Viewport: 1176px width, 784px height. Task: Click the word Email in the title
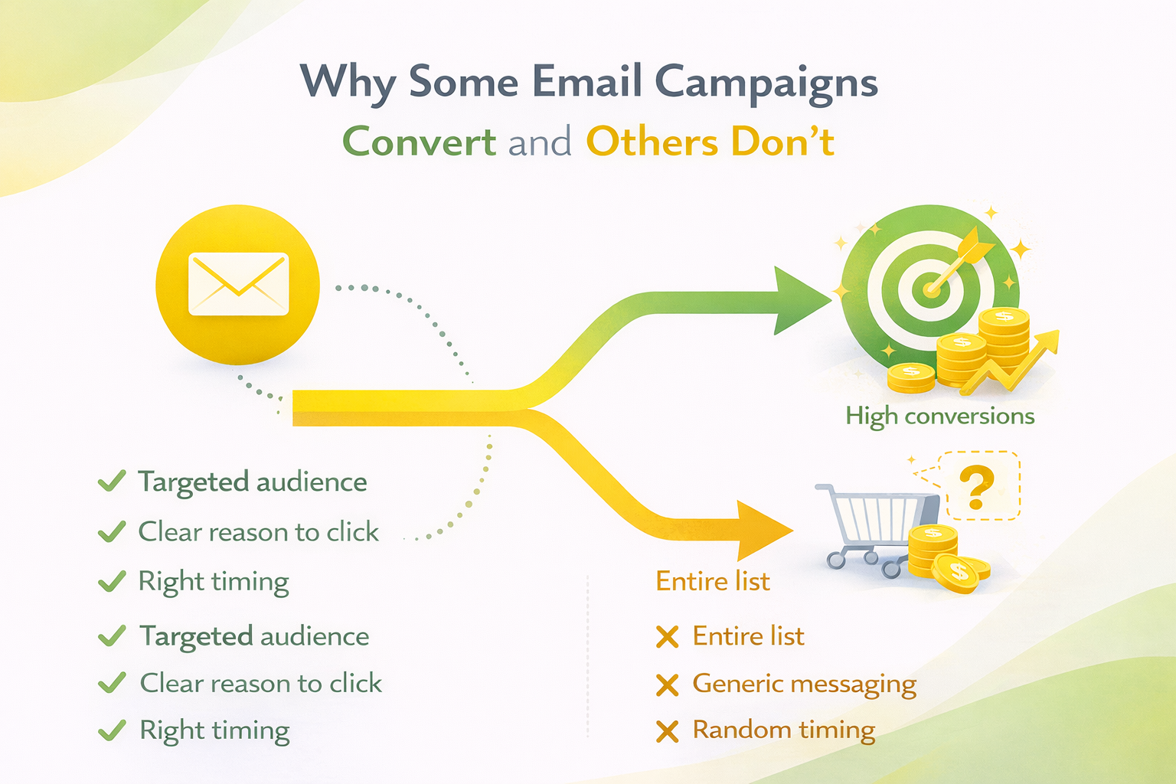tap(586, 81)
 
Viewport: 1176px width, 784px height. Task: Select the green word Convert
tap(419, 142)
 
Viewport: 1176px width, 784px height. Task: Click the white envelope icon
tap(238, 283)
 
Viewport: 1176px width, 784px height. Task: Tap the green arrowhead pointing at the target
tap(800, 300)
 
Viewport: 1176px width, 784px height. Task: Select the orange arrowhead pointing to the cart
tap(762, 531)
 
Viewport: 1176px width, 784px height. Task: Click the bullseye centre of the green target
tap(931, 289)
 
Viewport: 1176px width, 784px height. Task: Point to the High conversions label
tap(939, 416)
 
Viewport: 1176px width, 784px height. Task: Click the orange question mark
tap(976, 488)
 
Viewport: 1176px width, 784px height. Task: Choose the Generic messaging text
tap(804, 684)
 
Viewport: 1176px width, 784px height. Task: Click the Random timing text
tap(783, 730)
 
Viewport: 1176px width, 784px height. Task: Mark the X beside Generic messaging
tap(668, 685)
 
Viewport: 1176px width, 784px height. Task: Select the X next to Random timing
tap(668, 732)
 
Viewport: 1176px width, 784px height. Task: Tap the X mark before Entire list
tap(668, 637)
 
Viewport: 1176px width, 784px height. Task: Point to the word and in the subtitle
tap(540, 142)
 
